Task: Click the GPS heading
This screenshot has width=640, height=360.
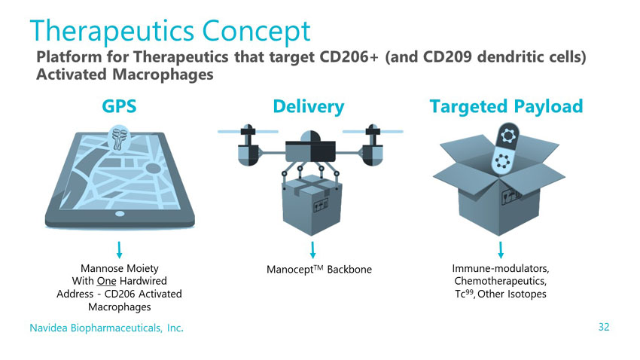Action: tap(119, 106)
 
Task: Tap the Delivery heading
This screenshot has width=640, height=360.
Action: tap(309, 107)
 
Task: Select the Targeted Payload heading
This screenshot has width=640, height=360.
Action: tap(506, 106)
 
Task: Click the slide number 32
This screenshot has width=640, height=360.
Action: tap(604, 327)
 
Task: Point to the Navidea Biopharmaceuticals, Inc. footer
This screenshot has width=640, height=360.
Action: tap(106, 328)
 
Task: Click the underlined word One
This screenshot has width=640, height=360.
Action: tap(106, 281)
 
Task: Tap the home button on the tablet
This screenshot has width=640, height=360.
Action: tap(120, 214)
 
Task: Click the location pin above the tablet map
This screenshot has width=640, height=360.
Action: tap(119, 138)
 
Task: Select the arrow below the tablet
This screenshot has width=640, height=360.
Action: tap(119, 250)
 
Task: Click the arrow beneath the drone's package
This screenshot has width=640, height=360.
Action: tap(312, 250)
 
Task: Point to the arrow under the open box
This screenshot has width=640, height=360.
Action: tap(501, 250)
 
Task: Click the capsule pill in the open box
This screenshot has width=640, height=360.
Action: tap(506, 149)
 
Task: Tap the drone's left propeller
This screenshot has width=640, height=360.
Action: tap(248, 132)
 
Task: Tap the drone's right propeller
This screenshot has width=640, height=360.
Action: tap(373, 132)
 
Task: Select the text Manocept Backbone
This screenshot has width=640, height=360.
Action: tap(319, 270)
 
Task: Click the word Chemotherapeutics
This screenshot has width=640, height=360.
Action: tap(501, 281)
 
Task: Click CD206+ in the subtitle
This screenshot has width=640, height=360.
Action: tap(349, 56)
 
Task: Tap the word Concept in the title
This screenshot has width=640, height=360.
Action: tap(256, 32)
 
